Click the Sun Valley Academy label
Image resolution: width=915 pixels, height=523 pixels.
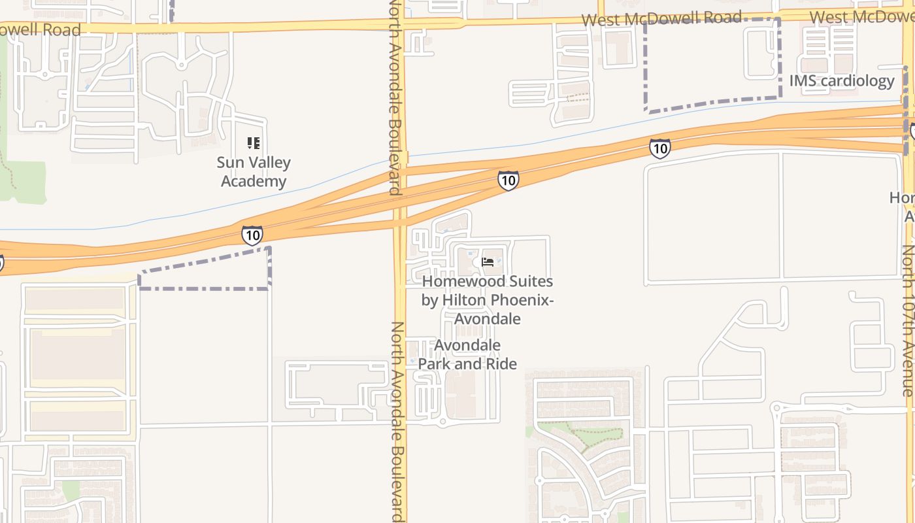(254, 172)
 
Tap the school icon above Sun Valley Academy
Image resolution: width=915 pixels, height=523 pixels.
(254, 143)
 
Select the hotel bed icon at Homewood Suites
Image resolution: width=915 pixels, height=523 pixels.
(488, 262)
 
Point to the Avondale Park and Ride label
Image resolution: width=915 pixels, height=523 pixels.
(467, 354)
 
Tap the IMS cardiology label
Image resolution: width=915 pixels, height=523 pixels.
(842, 81)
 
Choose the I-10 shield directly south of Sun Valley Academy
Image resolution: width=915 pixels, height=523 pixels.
(252, 235)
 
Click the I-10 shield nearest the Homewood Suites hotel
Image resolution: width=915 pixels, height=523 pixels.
(508, 180)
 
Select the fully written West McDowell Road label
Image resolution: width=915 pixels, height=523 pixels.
(661, 18)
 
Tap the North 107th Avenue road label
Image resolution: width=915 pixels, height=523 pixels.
(908, 320)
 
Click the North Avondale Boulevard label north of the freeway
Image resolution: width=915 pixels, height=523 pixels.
(395, 98)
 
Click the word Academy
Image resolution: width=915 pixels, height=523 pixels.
(254, 181)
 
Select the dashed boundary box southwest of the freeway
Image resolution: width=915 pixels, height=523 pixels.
(205, 270)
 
